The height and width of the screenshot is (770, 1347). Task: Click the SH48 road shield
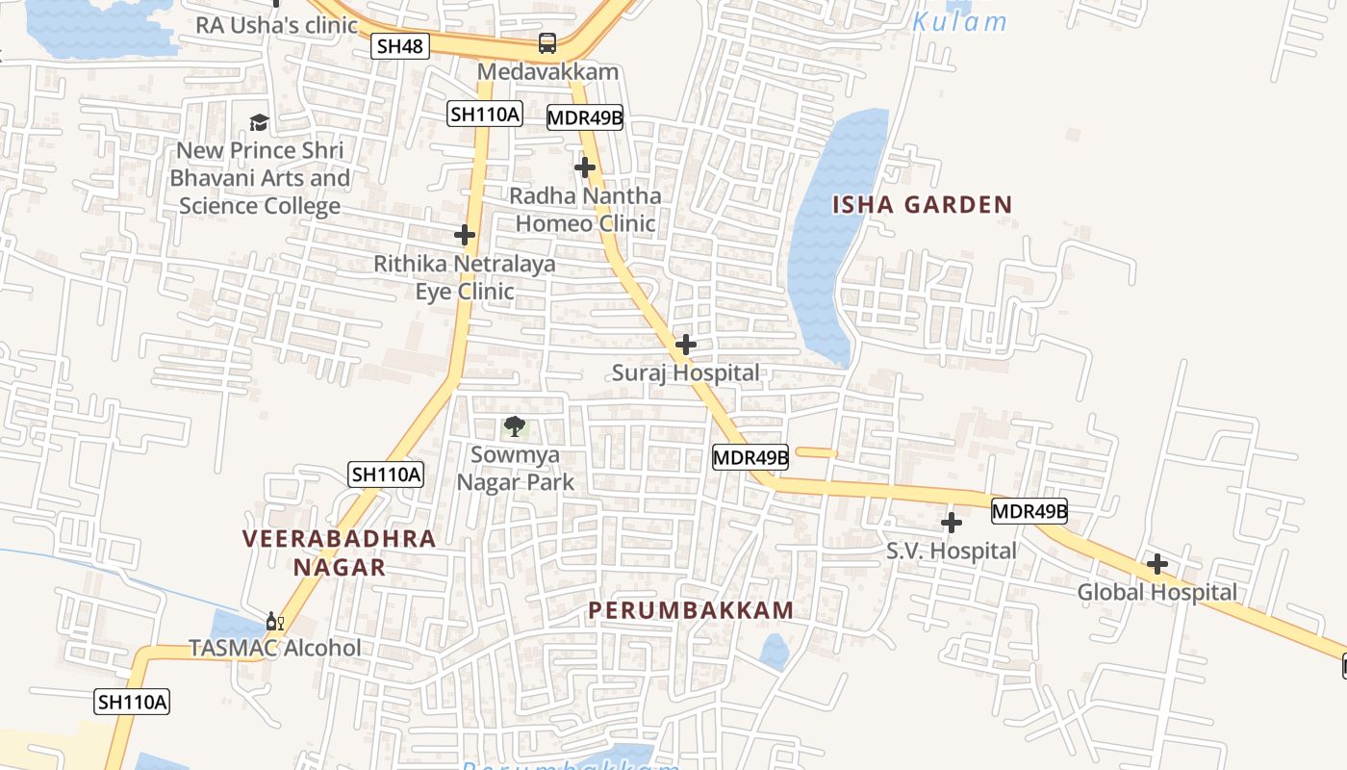point(399,46)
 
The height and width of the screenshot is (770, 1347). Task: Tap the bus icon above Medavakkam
point(546,43)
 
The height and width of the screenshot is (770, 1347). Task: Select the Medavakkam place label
point(547,72)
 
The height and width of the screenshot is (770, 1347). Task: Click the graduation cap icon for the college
point(259,122)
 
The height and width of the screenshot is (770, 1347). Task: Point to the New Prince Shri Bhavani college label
point(260,178)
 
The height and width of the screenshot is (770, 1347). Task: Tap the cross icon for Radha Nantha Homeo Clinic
point(584,168)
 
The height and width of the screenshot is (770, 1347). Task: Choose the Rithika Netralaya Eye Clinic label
point(464,277)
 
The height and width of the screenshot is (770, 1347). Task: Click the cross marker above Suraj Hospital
point(685,345)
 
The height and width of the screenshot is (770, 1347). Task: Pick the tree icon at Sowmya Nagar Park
point(515,426)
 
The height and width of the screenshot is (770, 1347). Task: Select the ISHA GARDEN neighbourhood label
point(922,204)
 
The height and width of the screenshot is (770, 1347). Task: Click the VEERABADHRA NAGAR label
point(340,552)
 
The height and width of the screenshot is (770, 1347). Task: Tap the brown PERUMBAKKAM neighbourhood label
point(691,610)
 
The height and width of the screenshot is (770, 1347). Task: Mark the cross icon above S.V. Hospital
point(951,523)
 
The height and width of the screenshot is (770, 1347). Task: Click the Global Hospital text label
point(1156,592)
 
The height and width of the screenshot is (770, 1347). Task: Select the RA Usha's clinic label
point(277,25)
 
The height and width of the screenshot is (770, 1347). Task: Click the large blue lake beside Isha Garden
point(827,241)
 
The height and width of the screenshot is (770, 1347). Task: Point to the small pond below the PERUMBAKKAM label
point(775,652)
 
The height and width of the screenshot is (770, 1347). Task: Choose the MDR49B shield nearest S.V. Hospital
point(1029,511)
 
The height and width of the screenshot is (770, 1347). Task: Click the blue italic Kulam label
point(959,22)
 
